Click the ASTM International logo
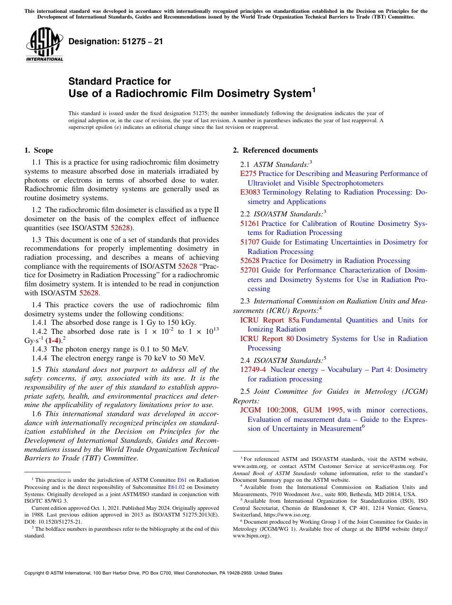(x=44, y=45)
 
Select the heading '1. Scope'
(x=39, y=150)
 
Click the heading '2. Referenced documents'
(x=275, y=150)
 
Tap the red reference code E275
(x=248, y=174)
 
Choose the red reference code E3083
(x=250, y=192)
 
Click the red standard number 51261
(x=250, y=223)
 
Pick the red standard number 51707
(x=250, y=242)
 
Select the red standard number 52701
(x=250, y=270)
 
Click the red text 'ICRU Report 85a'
(x=269, y=320)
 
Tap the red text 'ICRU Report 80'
(x=267, y=339)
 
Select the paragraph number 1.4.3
(x=40, y=349)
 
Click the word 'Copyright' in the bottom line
(x=35, y=573)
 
